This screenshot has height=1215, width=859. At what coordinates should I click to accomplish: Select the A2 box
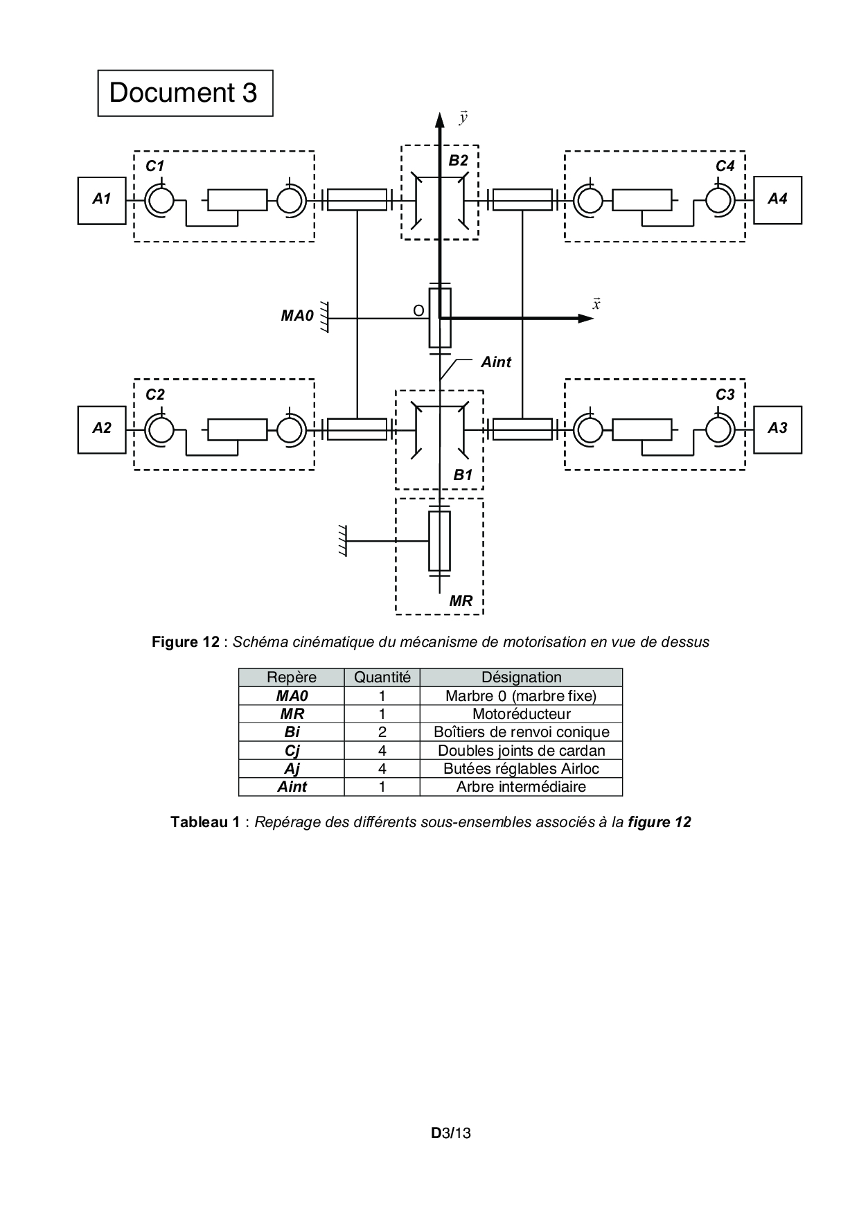click(x=102, y=429)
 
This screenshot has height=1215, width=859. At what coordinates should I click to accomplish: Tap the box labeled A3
click(x=777, y=429)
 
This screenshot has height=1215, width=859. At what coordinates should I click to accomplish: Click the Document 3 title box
click(x=184, y=93)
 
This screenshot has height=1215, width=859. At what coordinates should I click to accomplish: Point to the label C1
click(x=154, y=166)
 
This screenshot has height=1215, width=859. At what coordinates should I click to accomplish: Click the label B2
click(x=458, y=161)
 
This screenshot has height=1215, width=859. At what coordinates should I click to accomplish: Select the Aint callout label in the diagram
click(x=496, y=362)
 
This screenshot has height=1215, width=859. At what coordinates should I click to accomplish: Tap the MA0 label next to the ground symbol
click(x=296, y=316)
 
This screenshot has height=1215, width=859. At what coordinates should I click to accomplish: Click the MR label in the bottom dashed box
click(x=461, y=601)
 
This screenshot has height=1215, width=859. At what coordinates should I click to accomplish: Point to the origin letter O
click(x=418, y=312)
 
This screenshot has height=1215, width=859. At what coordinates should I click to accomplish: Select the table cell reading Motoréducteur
click(x=521, y=714)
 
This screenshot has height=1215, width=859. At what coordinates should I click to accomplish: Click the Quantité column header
click(x=382, y=677)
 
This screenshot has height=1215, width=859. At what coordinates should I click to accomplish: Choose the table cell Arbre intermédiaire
click(x=521, y=787)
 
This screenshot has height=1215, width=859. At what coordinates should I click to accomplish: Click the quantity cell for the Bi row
click(x=382, y=732)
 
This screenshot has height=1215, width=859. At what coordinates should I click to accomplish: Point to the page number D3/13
click(x=451, y=1133)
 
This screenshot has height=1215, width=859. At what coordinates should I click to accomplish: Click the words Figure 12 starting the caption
click(x=185, y=642)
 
